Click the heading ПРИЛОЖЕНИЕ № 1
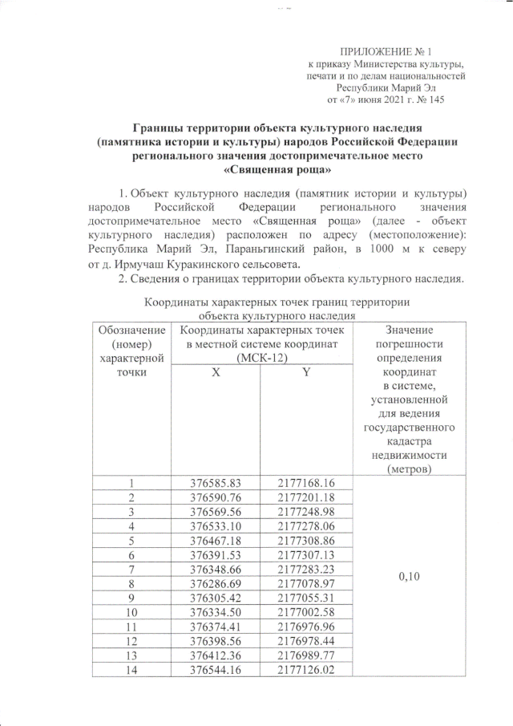(383, 51)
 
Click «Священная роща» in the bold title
(277, 170)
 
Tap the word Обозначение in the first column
(131, 330)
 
